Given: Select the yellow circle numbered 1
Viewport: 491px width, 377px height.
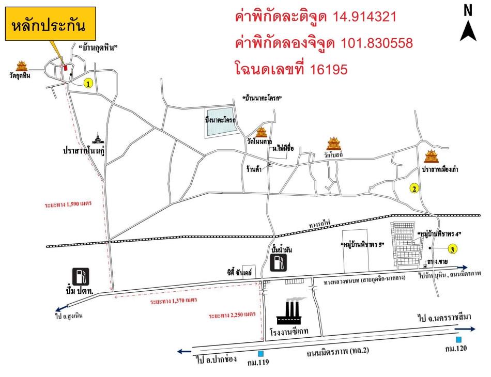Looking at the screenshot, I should (x=88, y=83).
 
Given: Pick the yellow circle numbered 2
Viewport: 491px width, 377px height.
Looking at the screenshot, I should (x=414, y=189).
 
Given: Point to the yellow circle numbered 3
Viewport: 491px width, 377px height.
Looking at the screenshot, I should (x=452, y=249).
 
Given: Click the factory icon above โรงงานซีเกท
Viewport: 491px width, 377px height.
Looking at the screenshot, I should (x=289, y=311).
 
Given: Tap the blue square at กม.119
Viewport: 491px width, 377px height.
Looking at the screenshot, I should (x=261, y=354).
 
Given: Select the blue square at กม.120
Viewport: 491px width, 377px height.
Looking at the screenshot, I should (x=458, y=339).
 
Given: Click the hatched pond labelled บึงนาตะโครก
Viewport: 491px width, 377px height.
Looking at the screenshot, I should (x=221, y=122).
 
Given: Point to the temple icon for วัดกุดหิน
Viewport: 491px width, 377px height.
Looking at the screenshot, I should (x=22, y=66).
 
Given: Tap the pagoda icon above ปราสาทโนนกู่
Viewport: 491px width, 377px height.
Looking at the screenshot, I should (x=98, y=138).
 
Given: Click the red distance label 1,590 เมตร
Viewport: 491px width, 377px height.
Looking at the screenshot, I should (x=67, y=204).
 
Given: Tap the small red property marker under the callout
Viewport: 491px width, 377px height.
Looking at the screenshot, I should (x=65, y=67).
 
